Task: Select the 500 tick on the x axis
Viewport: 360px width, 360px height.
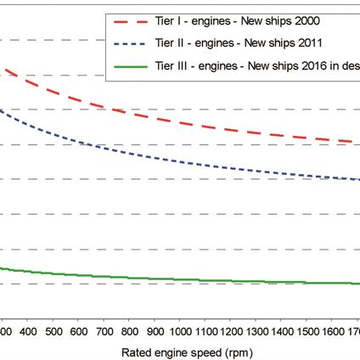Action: [x=53, y=330]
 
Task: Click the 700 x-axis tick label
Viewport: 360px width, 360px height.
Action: [x=104, y=330]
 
